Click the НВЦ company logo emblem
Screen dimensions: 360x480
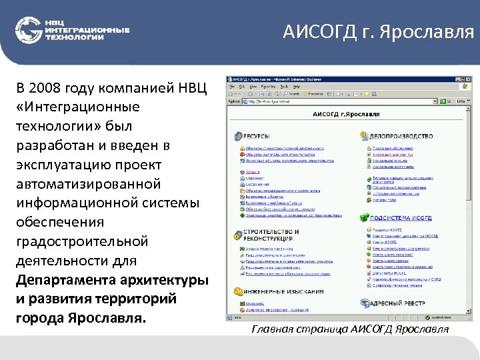click(x=28, y=30)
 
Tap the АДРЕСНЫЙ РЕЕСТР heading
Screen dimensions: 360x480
click(x=398, y=303)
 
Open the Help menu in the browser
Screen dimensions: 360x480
click(x=297, y=87)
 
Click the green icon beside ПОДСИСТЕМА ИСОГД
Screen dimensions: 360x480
click(x=365, y=217)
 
